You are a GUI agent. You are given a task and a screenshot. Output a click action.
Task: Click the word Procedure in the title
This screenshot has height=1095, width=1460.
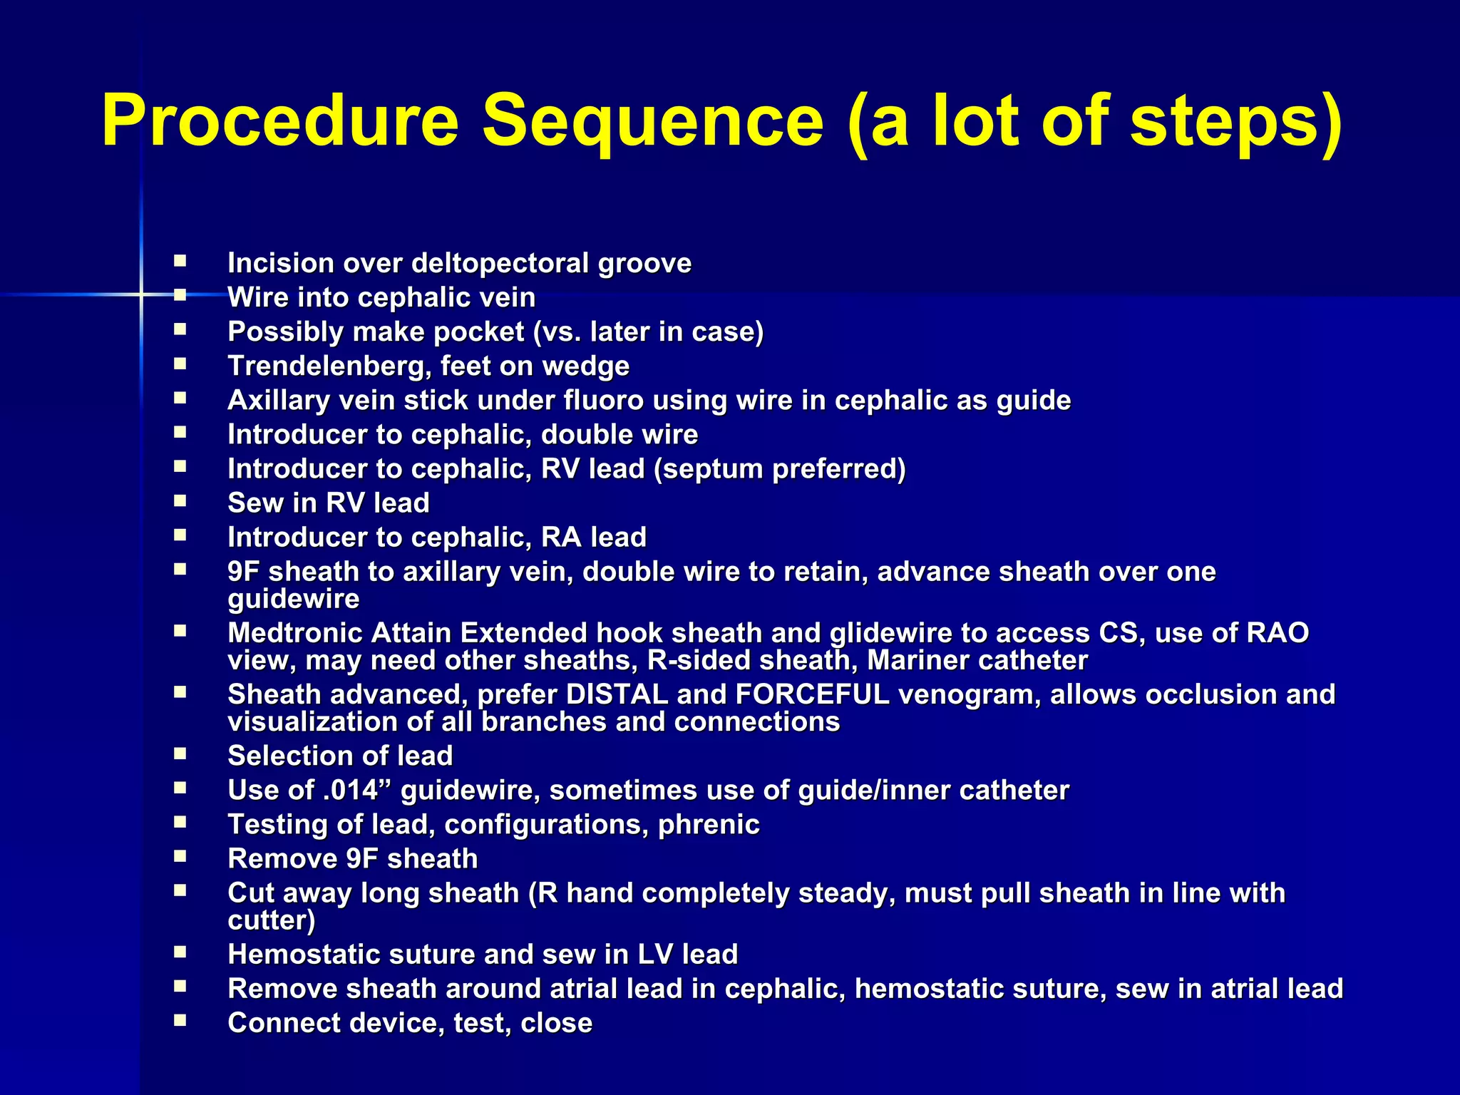[x=280, y=121]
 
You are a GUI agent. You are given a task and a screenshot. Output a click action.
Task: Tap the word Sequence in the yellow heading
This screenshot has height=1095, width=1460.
[x=653, y=121]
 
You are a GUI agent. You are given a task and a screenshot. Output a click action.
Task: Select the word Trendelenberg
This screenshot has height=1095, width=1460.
[x=329, y=366]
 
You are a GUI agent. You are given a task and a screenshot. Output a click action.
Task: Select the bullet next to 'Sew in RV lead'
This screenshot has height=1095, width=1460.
[x=180, y=500]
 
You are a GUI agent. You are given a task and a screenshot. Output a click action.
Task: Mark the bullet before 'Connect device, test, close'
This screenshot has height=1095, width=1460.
[x=180, y=1020]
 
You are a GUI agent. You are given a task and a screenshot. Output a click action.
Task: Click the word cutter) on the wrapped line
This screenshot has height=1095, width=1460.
[x=271, y=920]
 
